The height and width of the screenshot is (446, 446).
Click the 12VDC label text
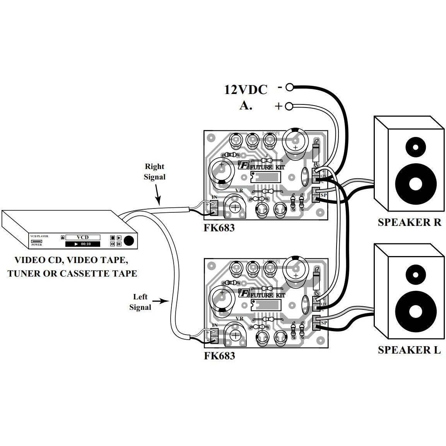246,90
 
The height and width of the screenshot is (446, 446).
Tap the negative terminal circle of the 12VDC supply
289,87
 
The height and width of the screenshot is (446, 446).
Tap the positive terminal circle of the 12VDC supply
289,106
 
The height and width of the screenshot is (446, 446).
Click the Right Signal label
154,172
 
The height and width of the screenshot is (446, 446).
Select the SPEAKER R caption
409,222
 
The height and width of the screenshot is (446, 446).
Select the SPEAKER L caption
409,350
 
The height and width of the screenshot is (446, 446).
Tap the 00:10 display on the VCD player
82,244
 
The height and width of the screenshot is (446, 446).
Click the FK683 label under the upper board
219,228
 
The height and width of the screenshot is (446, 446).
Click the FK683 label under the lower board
219,355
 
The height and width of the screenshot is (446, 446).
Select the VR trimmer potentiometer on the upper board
235,207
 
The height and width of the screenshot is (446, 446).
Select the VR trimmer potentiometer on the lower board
235,335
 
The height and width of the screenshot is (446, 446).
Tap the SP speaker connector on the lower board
316,323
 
